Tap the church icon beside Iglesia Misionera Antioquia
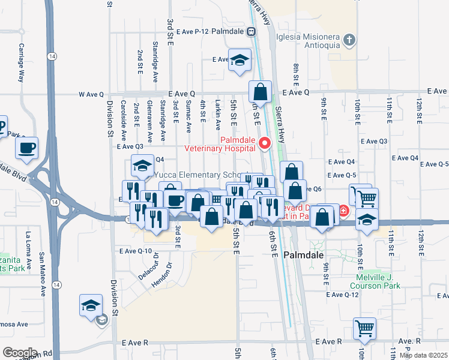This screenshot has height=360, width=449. [351, 40]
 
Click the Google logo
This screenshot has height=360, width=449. [19, 352]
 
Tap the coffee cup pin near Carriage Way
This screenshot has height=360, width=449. [27, 148]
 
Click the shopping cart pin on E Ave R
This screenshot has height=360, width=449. [364, 328]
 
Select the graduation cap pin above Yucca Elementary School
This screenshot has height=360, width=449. [142, 166]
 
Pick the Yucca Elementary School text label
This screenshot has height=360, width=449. [197, 175]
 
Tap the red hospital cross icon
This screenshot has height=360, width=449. [343, 211]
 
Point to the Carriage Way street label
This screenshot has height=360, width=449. [21, 62]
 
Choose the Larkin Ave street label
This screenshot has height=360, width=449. [218, 116]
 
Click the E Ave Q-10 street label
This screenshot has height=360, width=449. [136, 251]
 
